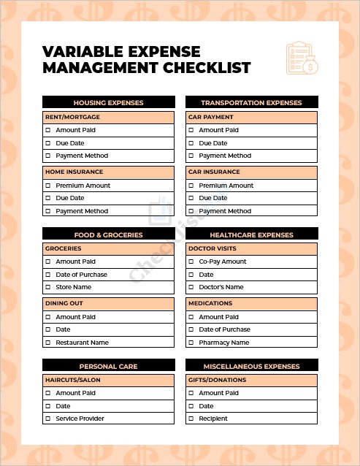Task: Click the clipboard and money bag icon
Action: point(302,58)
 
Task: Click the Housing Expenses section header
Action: point(108,103)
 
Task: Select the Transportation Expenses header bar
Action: point(251,103)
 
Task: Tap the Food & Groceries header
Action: point(108,234)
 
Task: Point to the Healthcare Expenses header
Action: point(251,234)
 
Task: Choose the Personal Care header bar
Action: point(108,366)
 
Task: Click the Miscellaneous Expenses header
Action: point(251,366)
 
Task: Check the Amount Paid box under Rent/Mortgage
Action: point(48,130)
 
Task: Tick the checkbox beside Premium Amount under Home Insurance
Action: point(48,186)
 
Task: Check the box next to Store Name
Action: point(48,287)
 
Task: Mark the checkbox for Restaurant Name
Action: point(48,343)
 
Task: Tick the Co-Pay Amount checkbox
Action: point(191,261)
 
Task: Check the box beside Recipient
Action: point(191,419)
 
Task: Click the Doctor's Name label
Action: point(221,287)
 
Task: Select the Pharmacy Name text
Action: point(223,343)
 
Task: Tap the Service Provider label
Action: point(80,419)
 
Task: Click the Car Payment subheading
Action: point(210,117)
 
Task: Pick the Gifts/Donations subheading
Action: point(217,380)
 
